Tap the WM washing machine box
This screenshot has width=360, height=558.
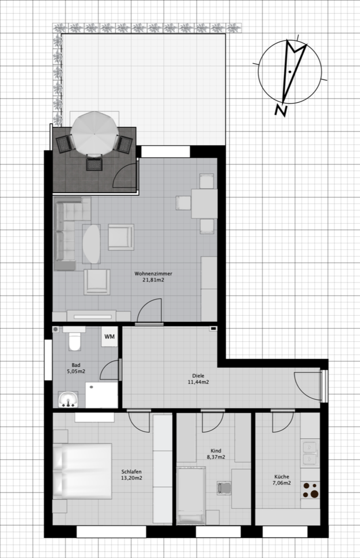click(x=109, y=337)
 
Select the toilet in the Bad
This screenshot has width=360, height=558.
click(x=74, y=340)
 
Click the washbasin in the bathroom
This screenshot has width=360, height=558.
click(x=68, y=400)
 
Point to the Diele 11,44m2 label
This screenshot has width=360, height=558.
click(x=198, y=379)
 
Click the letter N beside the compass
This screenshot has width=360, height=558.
click(x=281, y=110)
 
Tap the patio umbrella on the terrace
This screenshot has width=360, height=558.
click(x=94, y=133)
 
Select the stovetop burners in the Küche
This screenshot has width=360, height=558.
click(x=310, y=491)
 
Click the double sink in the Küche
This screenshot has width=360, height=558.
click(x=310, y=453)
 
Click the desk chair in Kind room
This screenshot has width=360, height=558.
click(x=224, y=488)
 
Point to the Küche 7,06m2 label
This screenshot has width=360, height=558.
click(x=282, y=479)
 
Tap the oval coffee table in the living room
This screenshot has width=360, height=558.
click(x=92, y=244)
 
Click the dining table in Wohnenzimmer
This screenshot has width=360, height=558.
click(x=204, y=204)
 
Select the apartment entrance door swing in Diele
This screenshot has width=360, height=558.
click(x=307, y=386)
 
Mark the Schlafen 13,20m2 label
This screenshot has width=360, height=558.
click(x=132, y=475)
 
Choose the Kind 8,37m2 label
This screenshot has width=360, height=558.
click(x=216, y=454)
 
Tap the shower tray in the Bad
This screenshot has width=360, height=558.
click(x=102, y=395)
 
